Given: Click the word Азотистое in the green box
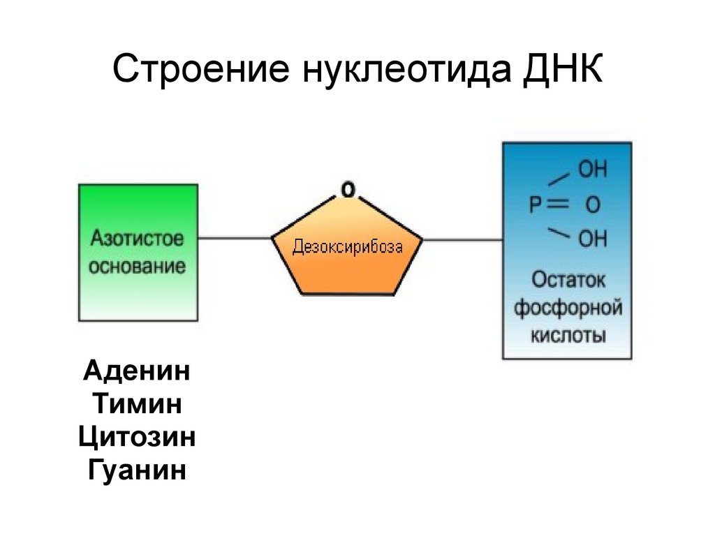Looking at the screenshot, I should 138,239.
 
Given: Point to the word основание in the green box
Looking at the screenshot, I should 138,267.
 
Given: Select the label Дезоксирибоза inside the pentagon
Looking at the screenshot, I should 348,246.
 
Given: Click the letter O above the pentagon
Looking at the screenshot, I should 347,188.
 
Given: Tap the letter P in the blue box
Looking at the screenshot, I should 536,206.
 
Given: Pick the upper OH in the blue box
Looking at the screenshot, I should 593,170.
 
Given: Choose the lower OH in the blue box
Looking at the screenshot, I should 593,240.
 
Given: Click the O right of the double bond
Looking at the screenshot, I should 592,206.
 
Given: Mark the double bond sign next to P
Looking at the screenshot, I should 559,205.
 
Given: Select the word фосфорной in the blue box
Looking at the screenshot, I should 568,307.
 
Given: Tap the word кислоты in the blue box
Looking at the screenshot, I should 568,335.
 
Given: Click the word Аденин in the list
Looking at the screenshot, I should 137,370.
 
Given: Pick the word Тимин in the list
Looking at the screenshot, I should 137,403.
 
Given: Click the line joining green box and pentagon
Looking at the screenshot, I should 235,239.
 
